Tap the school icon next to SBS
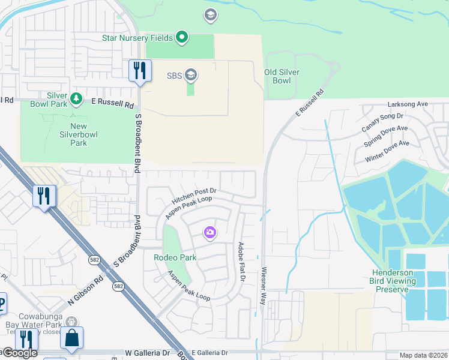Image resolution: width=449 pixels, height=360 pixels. click(x=191, y=75)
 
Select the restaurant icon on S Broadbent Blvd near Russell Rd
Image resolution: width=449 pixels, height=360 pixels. click(x=139, y=71)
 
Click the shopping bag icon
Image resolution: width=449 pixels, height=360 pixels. click(x=71, y=339)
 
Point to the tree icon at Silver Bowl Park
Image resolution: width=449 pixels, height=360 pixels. click(x=76, y=98)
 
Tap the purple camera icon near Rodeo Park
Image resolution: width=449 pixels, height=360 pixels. click(x=209, y=232)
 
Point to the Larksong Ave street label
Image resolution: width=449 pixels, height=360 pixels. click(x=408, y=104)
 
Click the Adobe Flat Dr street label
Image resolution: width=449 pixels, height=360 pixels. click(x=242, y=262)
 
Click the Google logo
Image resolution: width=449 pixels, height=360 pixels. click(x=19, y=353)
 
